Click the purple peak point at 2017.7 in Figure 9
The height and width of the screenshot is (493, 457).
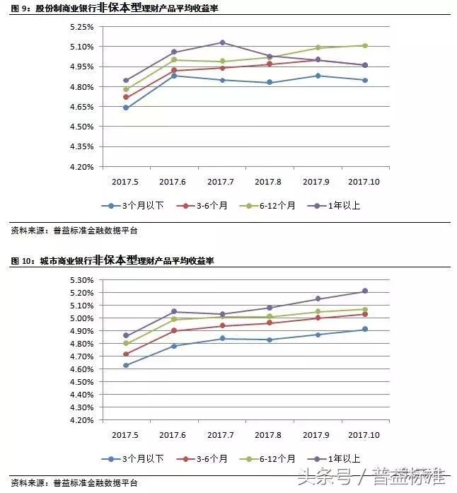click(x=222, y=42)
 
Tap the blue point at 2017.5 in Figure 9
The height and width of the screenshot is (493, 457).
click(x=126, y=108)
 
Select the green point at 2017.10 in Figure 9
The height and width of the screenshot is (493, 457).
click(x=365, y=45)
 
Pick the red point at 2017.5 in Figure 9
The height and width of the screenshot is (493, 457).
click(x=126, y=97)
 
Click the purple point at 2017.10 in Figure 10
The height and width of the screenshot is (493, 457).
click(x=365, y=291)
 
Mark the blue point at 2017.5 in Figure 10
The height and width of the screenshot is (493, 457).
click(x=126, y=365)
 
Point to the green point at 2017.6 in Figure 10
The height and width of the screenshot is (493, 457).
click(x=174, y=320)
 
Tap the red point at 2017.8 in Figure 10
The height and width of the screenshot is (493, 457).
click(x=270, y=323)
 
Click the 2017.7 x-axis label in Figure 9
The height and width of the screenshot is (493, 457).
click(x=222, y=182)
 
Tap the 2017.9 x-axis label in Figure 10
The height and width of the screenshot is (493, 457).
click(x=318, y=435)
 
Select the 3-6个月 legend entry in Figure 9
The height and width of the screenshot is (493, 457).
click(x=204, y=206)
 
